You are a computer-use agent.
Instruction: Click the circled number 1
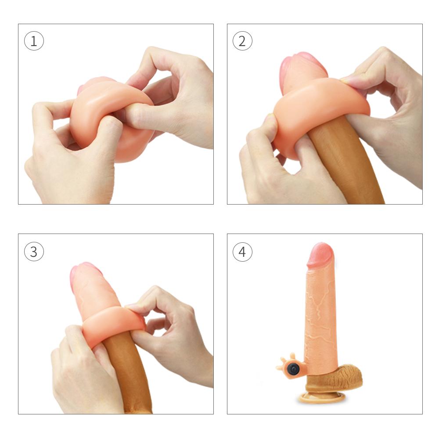[34, 42]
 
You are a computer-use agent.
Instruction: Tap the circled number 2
[242, 42]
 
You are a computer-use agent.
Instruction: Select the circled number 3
[34, 252]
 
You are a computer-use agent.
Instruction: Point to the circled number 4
[242, 252]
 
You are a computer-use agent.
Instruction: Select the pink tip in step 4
[320, 255]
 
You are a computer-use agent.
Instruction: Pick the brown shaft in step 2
[351, 167]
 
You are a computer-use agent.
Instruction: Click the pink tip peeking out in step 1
[94, 83]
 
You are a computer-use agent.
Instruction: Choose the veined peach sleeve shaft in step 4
[320, 316]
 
